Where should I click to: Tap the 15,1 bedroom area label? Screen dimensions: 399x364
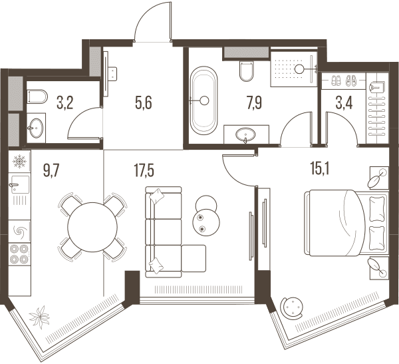(x=320, y=168)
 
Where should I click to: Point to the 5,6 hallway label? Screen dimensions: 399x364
(x=144, y=103)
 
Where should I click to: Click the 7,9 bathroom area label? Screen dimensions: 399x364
(x=254, y=103)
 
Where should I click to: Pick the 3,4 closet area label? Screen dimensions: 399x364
(x=344, y=103)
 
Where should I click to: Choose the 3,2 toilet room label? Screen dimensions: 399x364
(x=65, y=103)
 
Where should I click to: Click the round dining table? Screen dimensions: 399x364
(x=92, y=227)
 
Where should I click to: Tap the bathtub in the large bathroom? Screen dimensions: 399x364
(x=205, y=100)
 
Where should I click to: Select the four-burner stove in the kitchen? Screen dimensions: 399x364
(x=19, y=254)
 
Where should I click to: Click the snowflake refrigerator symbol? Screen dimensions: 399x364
(x=19, y=162)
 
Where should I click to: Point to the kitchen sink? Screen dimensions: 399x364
(x=19, y=184)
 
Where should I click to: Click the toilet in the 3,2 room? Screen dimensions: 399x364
(x=37, y=96)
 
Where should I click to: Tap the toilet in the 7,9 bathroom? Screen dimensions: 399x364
(x=247, y=71)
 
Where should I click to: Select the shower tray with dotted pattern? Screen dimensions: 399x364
(x=294, y=69)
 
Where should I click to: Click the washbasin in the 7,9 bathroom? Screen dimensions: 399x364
(x=245, y=134)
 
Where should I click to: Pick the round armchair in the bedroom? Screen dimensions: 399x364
(x=291, y=307)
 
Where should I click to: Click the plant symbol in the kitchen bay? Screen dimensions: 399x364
(x=39, y=316)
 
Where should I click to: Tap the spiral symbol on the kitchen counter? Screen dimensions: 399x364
(x=19, y=232)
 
